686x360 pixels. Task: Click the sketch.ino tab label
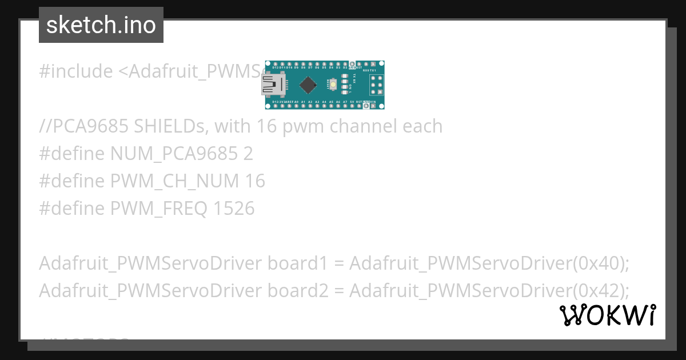pyautogui.click(x=101, y=25)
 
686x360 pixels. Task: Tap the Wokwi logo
pyautogui.click(x=608, y=315)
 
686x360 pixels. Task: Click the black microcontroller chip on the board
pyautogui.click(x=308, y=85)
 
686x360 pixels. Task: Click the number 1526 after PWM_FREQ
pyautogui.click(x=233, y=209)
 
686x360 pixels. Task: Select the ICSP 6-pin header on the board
pyautogui.click(x=376, y=85)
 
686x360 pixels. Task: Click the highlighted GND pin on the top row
pyautogui.click(x=352, y=63)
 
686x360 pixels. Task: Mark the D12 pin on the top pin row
pyautogui.click(x=276, y=63)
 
